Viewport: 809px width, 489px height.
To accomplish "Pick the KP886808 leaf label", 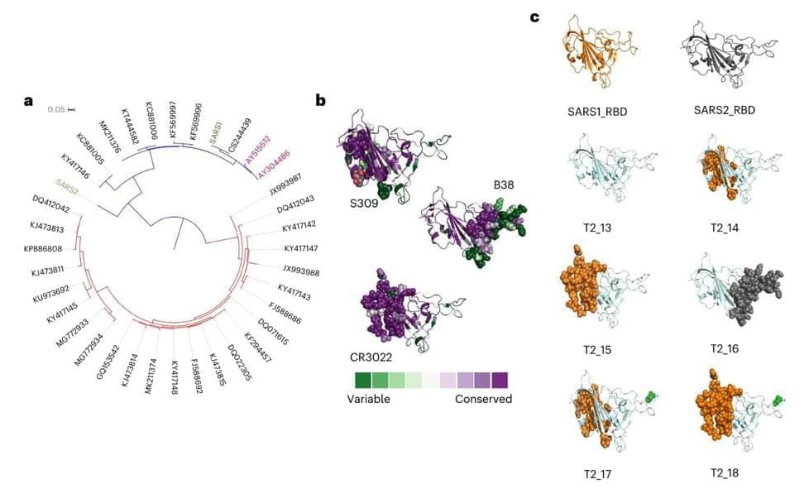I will coord(42,247).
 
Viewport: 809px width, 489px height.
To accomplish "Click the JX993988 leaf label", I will coord(301,269).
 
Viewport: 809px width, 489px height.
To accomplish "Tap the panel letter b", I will coord(320,100).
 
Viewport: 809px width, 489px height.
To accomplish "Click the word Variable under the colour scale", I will coord(368,399).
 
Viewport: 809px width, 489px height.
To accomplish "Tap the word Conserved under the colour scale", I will coord(483,399).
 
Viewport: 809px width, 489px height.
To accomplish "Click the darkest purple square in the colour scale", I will coord(500,379).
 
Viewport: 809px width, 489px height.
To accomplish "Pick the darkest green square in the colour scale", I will coord(362,379).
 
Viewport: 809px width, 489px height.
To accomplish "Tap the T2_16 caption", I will coord(724,348).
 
